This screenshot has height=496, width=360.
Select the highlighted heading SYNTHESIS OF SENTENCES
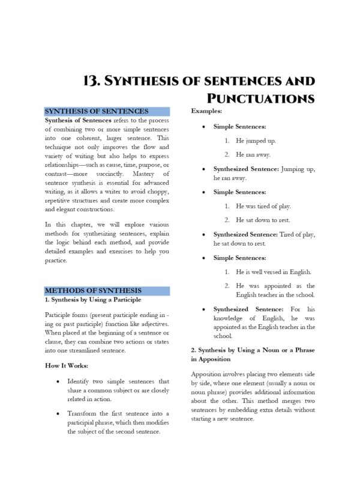(97, 111)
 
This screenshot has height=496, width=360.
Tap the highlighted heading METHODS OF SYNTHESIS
(93, 290)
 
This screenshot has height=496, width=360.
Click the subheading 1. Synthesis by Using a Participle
(93, 299)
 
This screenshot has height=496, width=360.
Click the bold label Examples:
(206, 111)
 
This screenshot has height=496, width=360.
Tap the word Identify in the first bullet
(79, 381)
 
